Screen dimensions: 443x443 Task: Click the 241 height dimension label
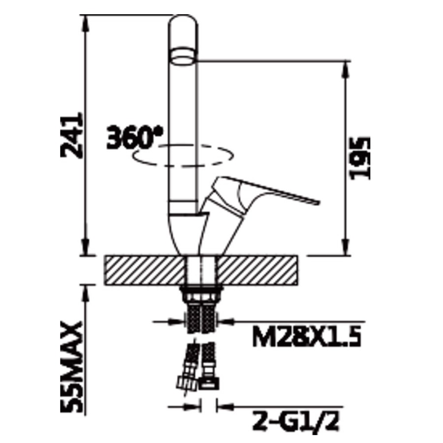tap(72, 135)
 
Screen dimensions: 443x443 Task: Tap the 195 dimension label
tap(360, 158)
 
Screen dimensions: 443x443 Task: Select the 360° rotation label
tap(135, 137)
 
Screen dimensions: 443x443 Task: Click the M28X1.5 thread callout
tap(307, 336)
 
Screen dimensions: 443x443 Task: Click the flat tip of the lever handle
tap(318, 202)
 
